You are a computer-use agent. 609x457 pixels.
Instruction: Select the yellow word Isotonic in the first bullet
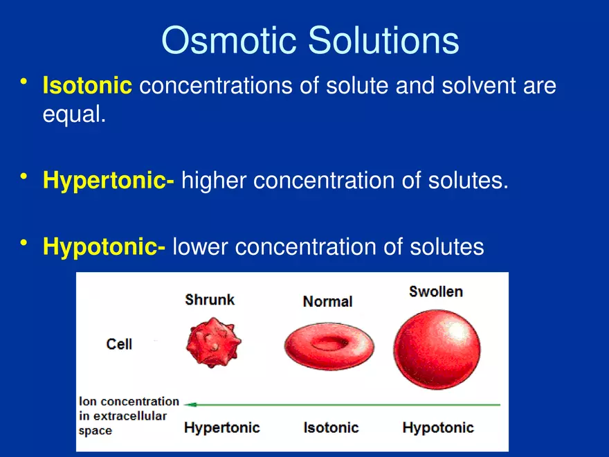pyautogui.click(x=87, y=87)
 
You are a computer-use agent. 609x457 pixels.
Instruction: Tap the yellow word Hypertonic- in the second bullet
pyautogui.click(x=108, y=181)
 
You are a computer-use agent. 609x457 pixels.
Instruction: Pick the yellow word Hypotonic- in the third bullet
pyautogui.click(x=104, y=246)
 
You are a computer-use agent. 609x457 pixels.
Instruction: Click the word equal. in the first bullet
pyautogui.click(x=74, y=114)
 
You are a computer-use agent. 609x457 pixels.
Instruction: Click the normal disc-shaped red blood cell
pyautogui.click(x=329, y=344)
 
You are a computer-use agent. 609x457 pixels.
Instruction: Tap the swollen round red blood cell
pyautogui.click(x=437, y=348)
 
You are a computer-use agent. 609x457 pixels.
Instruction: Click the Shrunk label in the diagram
pyautogui.click(x=210, y=300)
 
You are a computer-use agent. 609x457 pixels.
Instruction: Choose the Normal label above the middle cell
pyautogui.click(x=327, y=301)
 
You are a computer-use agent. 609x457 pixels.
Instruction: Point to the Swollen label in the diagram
pyautogui.click(x=436, y=292)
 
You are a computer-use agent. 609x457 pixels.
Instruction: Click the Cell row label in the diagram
pyautogui.click(x=119, y=344)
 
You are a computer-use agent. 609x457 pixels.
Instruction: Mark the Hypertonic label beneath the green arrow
pyautogui.click(x=221, y=427)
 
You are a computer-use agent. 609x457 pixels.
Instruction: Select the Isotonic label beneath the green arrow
pyautogui.click(x=331, y=427)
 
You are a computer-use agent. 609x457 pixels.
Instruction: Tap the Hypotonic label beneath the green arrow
pyautogui.click(x=438, y=427)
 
